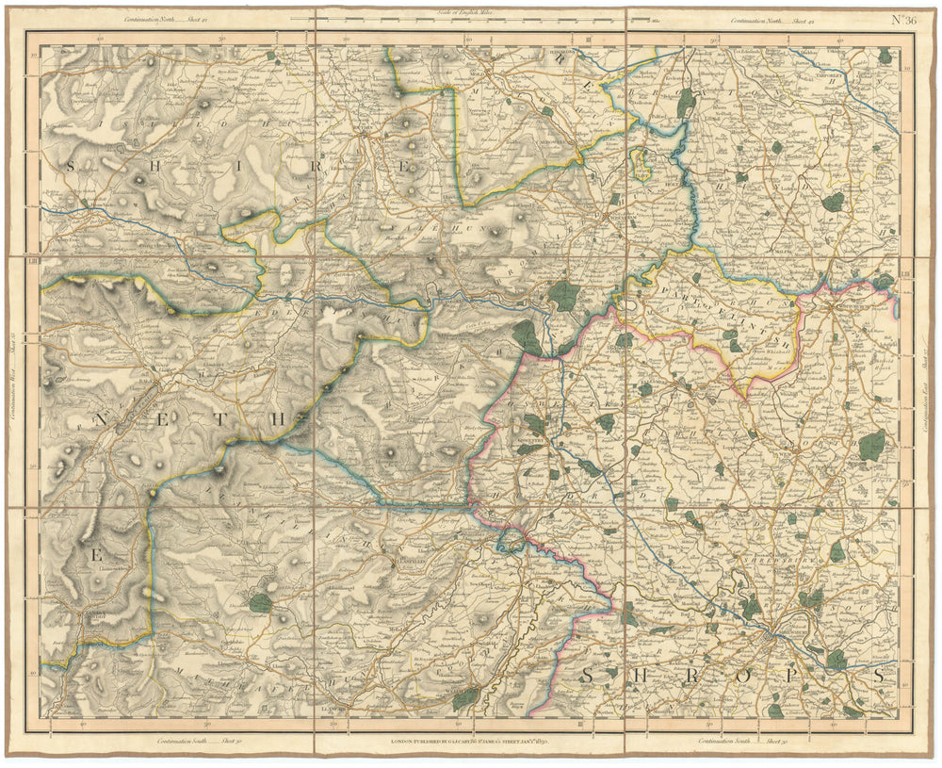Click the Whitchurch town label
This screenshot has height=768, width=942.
853,303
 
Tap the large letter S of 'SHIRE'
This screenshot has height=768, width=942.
71,166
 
